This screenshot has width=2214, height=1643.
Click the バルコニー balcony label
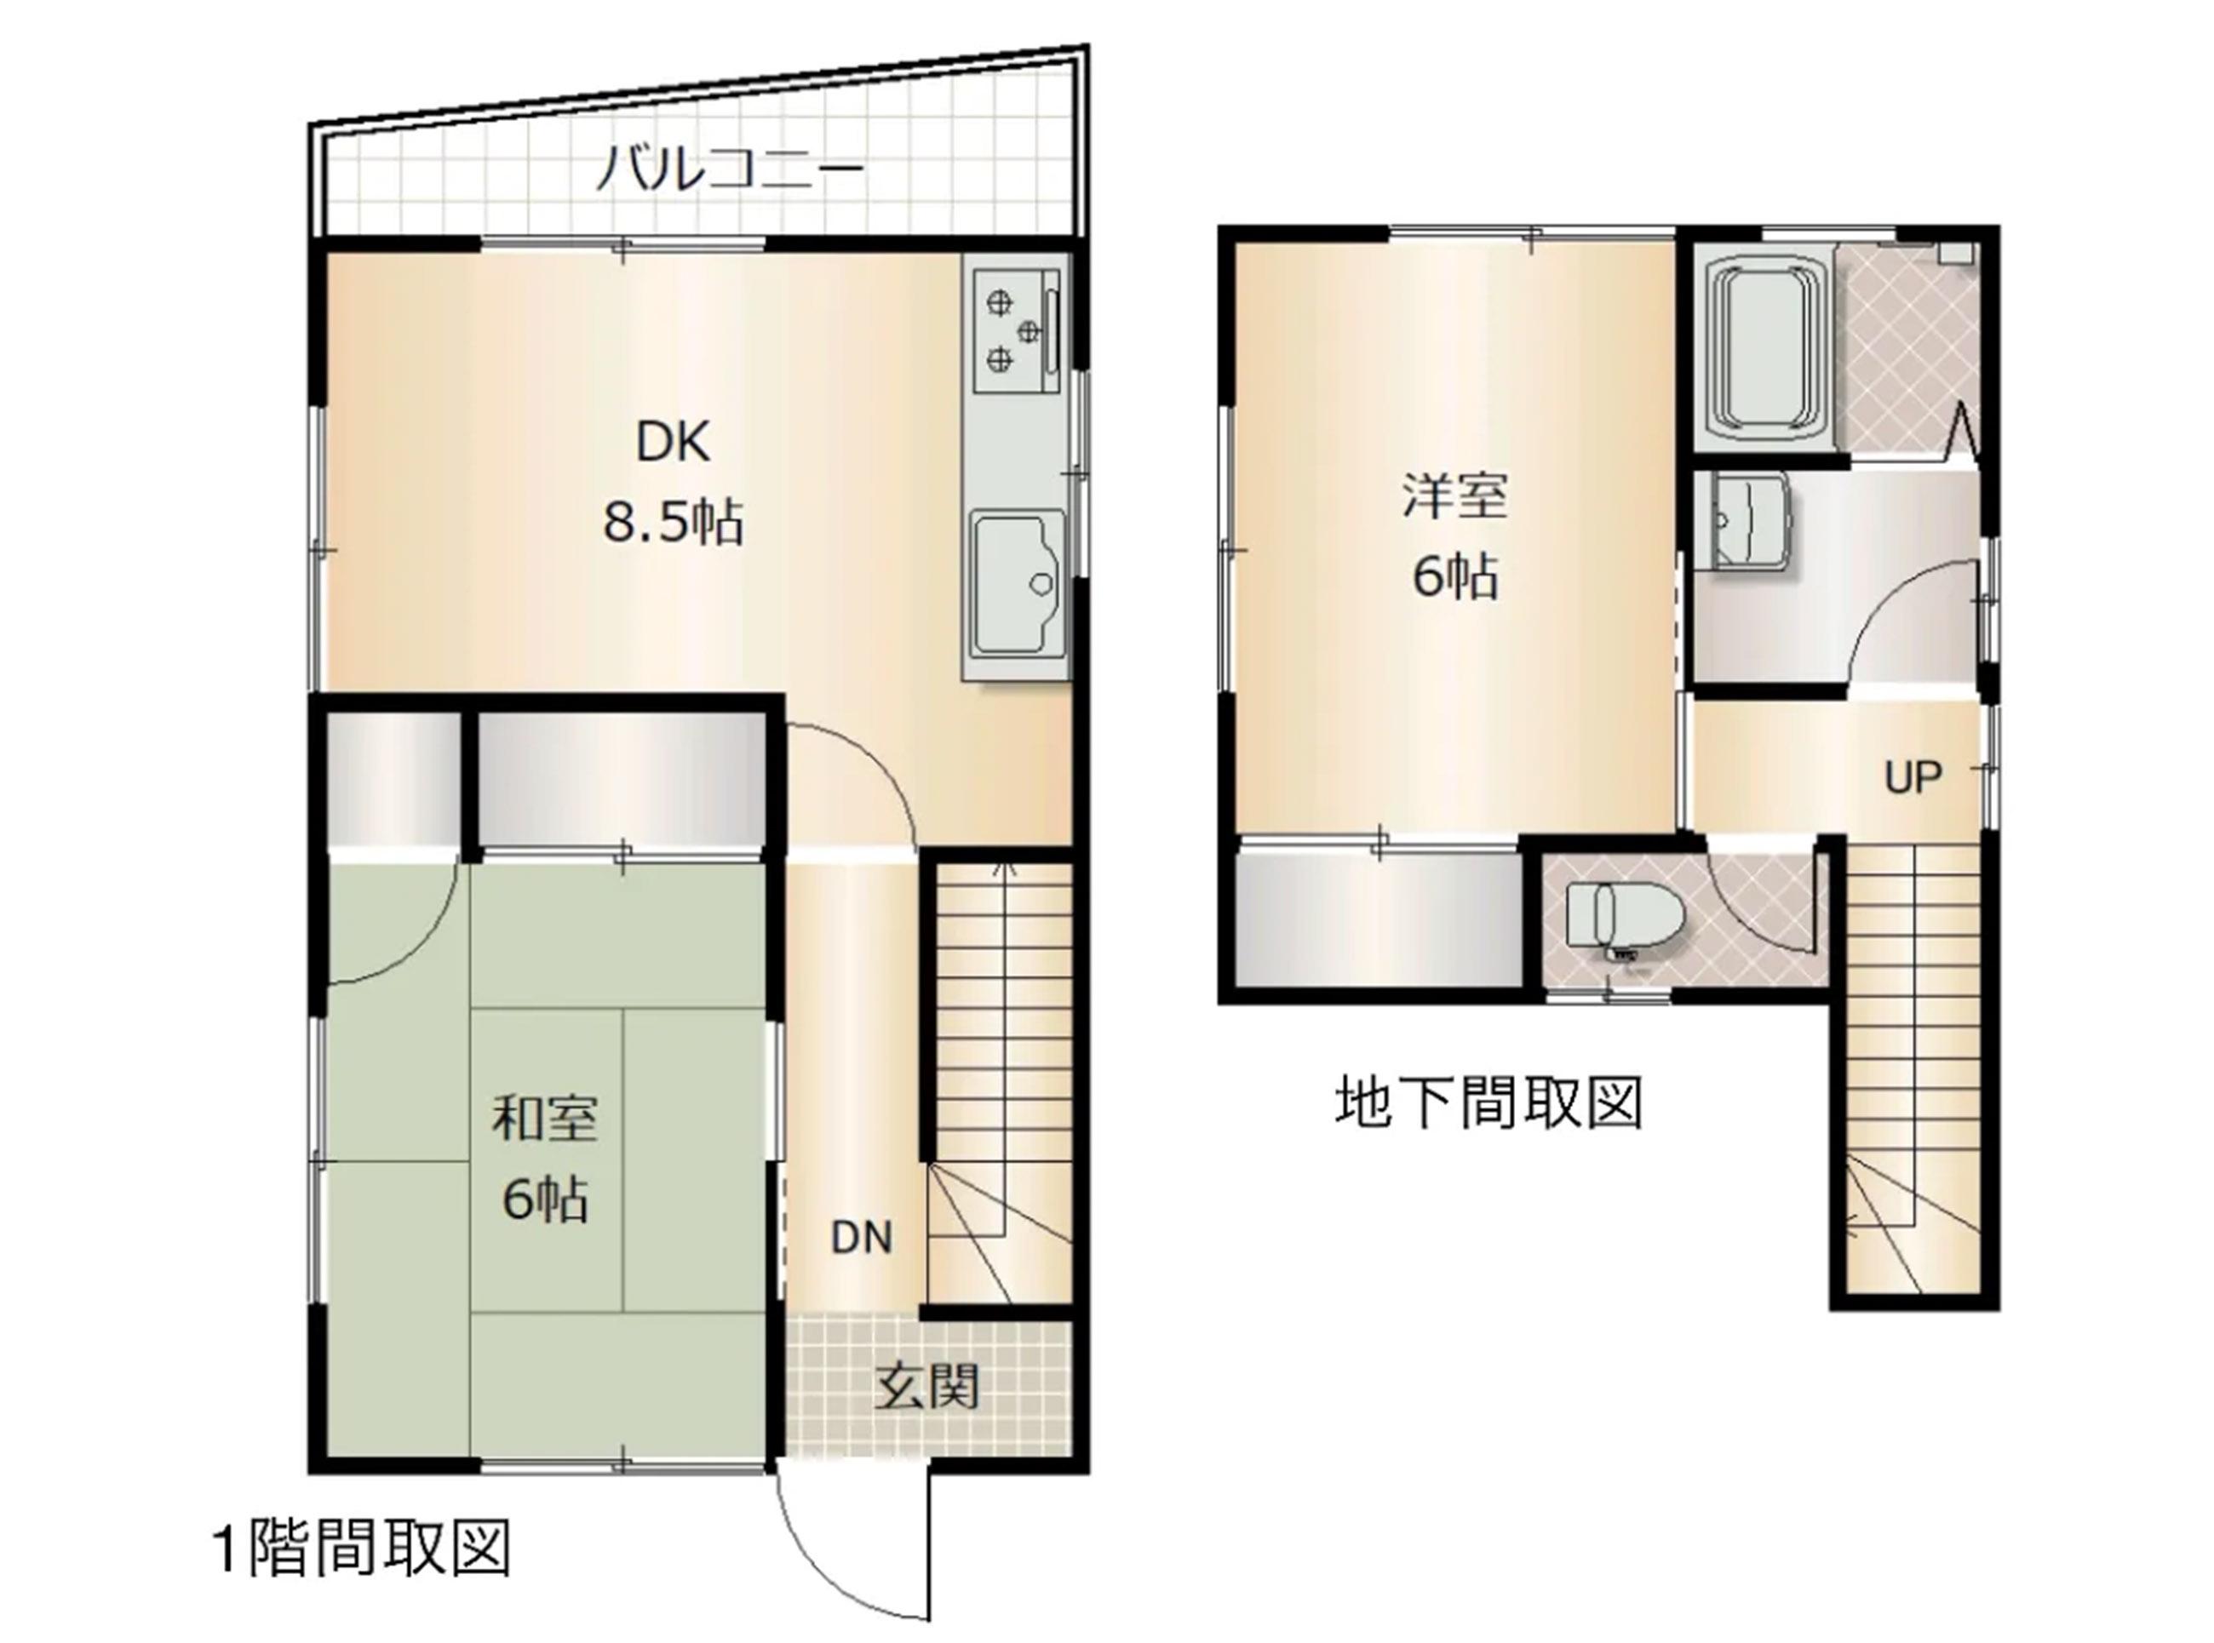coord(730,169)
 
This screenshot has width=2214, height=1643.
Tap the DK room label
coord(674,442)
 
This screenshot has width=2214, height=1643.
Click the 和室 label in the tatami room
coord(544,1119)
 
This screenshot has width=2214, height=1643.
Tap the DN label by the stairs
coord(862,1239)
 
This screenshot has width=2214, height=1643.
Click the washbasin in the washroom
coord(1741,522)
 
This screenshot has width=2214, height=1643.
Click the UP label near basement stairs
coord(1913,778)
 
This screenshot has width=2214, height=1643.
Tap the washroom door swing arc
coord(1884,597)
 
